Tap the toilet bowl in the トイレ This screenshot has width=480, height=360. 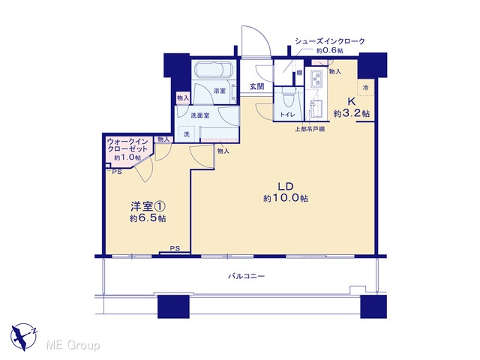click(x=288, y=98)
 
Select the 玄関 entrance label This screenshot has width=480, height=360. click(x=256, y=87)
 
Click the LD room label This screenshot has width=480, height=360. click(x=286, y=186)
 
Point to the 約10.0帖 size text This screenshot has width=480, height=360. click(x=286, y=198)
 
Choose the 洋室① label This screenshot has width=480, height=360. click(x=148, y=207)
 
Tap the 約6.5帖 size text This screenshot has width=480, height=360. click(x=148, y=218)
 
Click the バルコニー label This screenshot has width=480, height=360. click(x=247, y=276)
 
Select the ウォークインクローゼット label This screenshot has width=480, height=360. click(x=127, y=145)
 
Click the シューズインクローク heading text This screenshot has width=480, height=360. click(x=330, y=41)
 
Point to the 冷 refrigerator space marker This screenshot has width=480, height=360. click(x=365, y=88)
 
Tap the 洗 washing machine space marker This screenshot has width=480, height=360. click(x=187, y=134)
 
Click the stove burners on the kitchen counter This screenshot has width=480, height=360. click(x=316, y=78)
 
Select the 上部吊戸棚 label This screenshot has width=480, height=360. click(x=310, y=129)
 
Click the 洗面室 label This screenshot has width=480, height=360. click(x=200, y=115)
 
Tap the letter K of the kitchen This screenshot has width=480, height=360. click(x=351, y=101)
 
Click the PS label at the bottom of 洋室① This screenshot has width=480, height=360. click(x=175, y=248)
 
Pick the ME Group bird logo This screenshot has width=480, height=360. click(x=24, y=337)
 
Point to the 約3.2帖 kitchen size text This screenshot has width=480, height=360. click(x=352, y=113)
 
